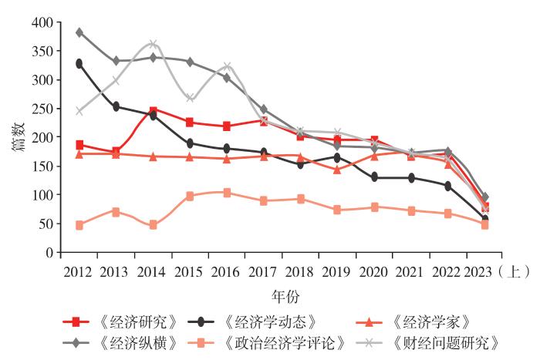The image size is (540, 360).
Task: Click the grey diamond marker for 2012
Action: [x=79, y=32]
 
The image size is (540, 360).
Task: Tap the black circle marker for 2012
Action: [x=79, y=63]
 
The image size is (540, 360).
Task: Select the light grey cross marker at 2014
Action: [x=153, y=45]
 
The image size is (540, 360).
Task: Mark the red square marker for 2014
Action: [x=153, y=111]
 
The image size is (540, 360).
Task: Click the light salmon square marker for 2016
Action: [x=227, y=193]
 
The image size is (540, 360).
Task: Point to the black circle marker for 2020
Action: [x=374, y=177]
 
